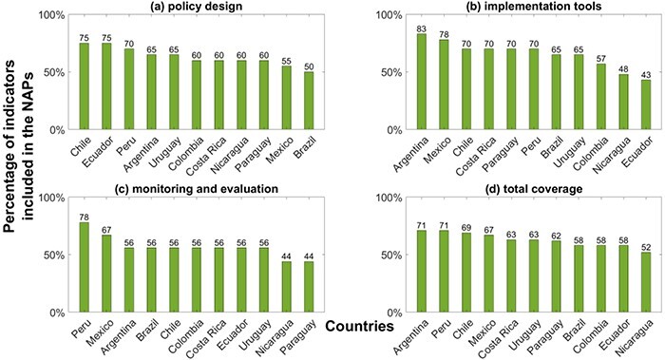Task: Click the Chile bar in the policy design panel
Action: point(84,86)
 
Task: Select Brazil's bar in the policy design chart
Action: point(309,101)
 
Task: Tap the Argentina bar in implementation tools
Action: point(421,82)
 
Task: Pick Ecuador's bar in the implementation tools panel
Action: point(645,104)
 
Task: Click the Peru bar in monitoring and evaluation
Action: point(84,268)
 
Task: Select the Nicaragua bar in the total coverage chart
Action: point(645,282)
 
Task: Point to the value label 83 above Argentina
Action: point(421,28)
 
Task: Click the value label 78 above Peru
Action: point(84,218)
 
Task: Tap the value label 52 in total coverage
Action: point(645,247)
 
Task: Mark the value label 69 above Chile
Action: point(466,228)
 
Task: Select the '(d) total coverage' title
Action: point(533,189)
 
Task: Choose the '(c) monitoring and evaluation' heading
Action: point(197,189)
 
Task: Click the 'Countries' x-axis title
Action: point(360,326)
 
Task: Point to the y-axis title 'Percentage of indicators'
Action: point(10,146)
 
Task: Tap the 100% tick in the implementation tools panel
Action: point(389,15)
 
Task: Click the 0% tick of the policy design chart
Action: point(56,130)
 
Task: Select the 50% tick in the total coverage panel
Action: point(391,256)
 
